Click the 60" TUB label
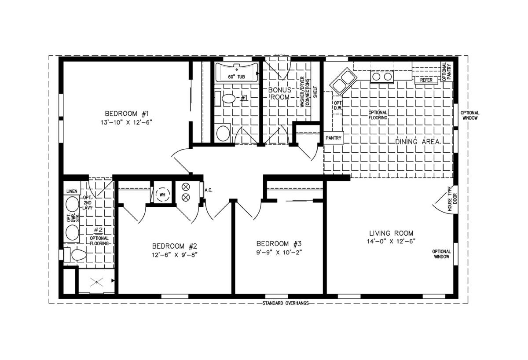coord(236,77)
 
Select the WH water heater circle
coord(163,195)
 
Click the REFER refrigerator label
coord(426,80)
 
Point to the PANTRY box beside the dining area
coord(334,138)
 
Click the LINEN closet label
coord(72,191)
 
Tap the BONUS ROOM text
coord(280,93)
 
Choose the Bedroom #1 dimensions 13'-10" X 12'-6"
coord(126,123)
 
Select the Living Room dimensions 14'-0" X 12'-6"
coord(391,242)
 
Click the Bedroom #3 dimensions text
coord(279,253)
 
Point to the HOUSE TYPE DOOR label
coord(452,198)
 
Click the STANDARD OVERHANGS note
coord(286,303)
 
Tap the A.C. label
coord(209,190)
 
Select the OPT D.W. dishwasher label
coord(337,106)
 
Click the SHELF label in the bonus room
coord(315,92)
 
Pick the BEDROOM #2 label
coord(174,246)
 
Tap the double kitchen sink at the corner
coord(344,81)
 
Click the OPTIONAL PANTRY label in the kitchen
coord(447,71)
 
